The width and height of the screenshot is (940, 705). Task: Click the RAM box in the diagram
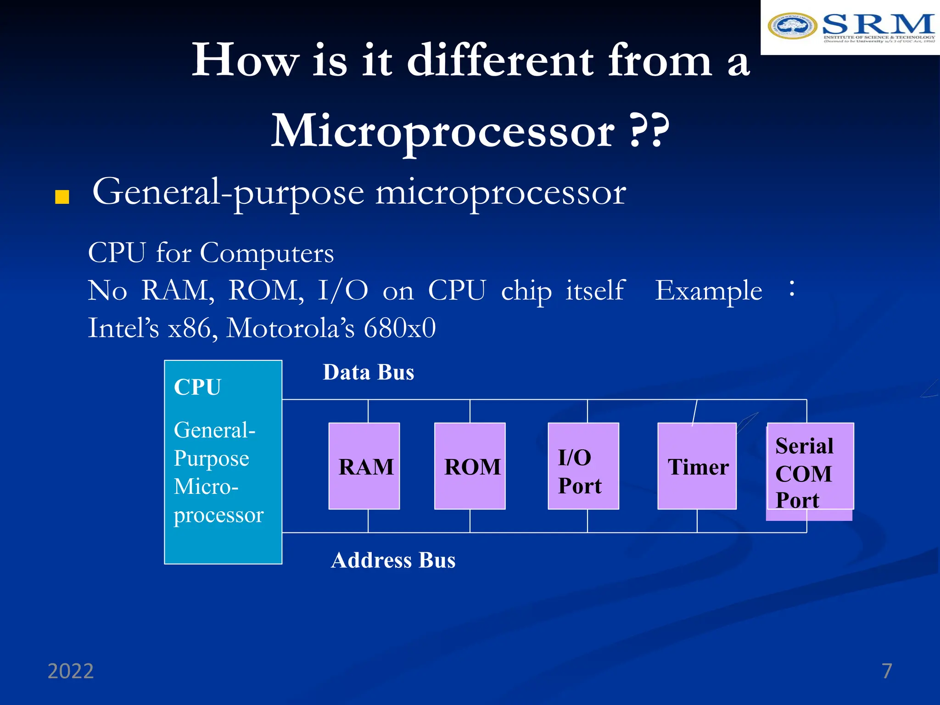364,466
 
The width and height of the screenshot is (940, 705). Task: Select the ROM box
470,466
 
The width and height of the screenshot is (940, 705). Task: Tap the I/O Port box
583,466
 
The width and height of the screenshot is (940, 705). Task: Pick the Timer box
697,466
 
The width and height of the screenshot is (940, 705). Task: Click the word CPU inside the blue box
197,387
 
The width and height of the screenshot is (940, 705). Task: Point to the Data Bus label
369,372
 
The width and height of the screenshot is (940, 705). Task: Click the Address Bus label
393,560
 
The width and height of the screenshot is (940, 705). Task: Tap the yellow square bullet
62,197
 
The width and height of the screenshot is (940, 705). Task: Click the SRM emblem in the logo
792,26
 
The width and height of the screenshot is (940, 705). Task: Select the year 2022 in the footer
71,671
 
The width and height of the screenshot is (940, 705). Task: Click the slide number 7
887,671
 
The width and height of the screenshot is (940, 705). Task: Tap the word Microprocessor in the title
443,132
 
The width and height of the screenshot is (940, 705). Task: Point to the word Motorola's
291,328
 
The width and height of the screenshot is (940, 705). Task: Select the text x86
190,328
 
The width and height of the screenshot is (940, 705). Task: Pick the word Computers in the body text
267,253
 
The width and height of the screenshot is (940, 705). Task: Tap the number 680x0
399,328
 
